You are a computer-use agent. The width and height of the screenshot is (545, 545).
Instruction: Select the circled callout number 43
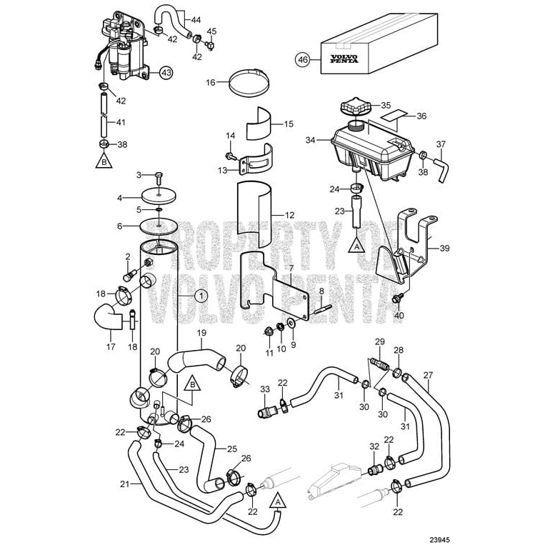[x=166, y=72]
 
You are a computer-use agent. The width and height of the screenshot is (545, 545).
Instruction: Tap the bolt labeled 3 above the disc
[x=158, y=176]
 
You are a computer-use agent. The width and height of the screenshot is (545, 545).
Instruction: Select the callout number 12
[x=289, y=215]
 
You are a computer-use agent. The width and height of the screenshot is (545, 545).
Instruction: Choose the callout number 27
[x=427, y=376]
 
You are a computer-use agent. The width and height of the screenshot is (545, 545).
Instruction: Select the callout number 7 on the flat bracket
[x=290, y=269]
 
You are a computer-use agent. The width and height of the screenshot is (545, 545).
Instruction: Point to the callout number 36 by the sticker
[x=421, y=116]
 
